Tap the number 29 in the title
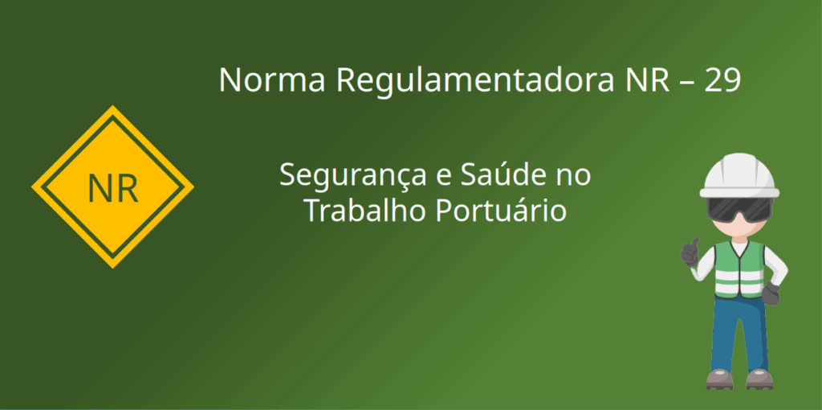click(x=722, y=80)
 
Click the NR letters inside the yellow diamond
click(x=112, y=188)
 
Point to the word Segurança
click(x=353, y=176)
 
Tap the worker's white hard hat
click(x=739, y=175)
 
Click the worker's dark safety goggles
click(x=739, y=208)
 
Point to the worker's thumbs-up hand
click(x=690, y=252)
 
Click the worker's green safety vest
click(x=739, y=269)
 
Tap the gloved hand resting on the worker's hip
click(x=771, y=293)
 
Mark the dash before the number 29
click(x=687, y=83)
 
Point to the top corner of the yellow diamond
click(x=112, y=105)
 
